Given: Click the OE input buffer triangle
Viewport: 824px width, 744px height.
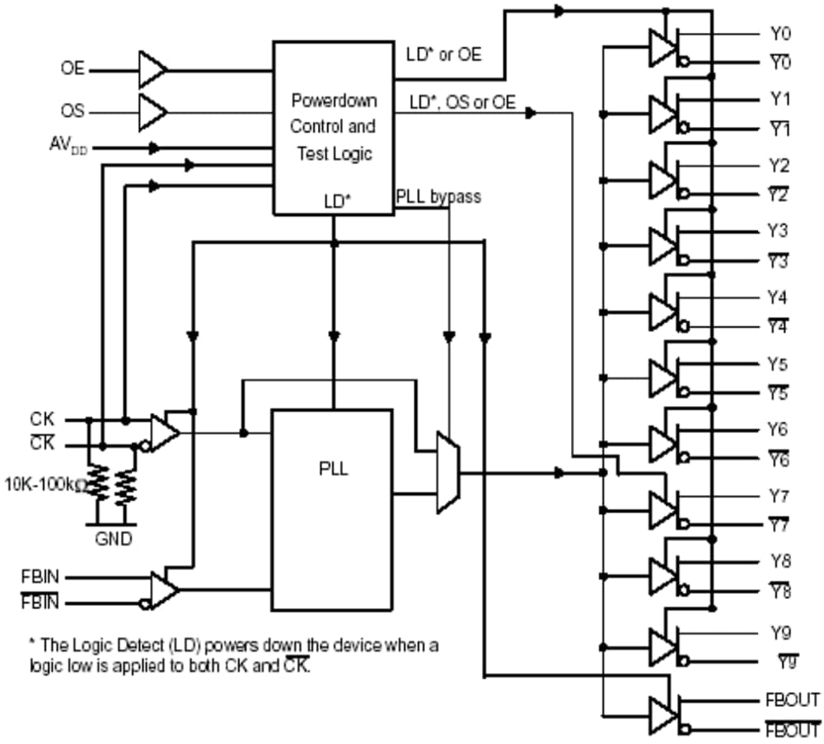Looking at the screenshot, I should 152,70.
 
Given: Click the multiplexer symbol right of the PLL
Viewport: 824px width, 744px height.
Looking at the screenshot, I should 447,473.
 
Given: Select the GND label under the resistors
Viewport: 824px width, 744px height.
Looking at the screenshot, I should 111,540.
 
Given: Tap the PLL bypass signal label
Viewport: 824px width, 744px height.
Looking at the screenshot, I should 438,198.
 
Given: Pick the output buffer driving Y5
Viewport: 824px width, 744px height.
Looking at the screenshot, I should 662,377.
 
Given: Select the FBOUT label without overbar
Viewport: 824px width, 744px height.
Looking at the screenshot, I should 792,700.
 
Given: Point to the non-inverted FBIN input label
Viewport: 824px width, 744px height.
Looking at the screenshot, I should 40,577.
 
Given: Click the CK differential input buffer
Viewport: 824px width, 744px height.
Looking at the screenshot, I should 164,433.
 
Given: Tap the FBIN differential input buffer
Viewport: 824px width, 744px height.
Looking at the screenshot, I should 164,590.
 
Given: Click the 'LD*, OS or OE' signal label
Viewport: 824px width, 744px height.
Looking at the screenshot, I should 462,103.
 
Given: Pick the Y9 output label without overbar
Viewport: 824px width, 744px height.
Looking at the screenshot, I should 780,633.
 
